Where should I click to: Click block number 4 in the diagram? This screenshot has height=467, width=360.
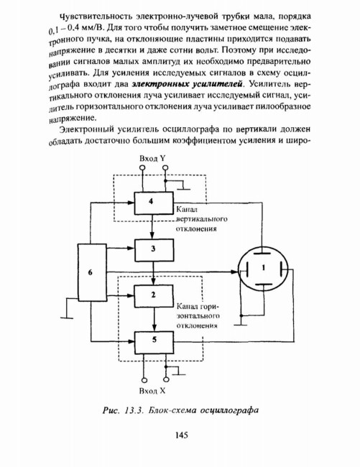coord(154,203)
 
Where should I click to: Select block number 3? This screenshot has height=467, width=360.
coord(154,250)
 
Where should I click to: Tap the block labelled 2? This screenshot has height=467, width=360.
coord(154,296)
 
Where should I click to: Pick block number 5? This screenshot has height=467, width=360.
coord(154,343)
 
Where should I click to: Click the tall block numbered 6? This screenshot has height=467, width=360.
coord(92,272)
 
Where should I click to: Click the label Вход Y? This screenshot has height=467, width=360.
coord(152,159)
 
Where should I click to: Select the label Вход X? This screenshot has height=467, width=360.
coord(152,391)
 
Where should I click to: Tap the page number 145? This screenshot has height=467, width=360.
coord(182,435)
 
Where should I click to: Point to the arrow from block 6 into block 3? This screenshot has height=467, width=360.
coord(121,248)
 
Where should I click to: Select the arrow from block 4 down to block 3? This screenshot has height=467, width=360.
coord(152,226)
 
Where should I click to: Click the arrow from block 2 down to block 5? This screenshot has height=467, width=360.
coord(154,319)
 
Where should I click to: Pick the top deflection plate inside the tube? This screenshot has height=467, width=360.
coord(262,253)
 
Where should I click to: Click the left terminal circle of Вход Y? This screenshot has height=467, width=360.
coord(142,168)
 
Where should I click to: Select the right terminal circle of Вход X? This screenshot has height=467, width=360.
coord(166,379)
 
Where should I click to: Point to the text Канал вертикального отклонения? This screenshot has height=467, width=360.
coord(202,219)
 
